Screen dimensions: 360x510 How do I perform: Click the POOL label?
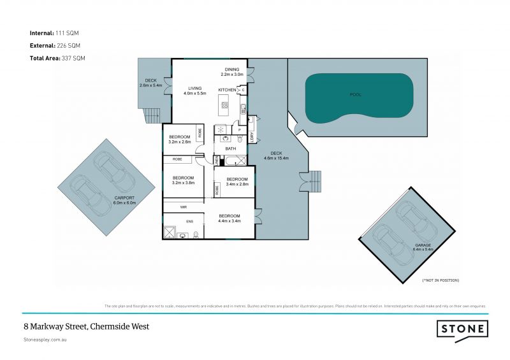click(355, 94)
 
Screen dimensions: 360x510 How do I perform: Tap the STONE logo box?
click(463, 329)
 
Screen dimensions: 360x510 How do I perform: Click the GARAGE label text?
click(423, 245)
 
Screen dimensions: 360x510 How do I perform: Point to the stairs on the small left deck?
click(150, 116)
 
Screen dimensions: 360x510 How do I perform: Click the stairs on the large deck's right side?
click(315, 182)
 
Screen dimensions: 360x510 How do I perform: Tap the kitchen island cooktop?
click(224, 104)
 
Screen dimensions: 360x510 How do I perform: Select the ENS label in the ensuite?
click(189, 221)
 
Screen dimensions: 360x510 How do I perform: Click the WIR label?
click(183, 207)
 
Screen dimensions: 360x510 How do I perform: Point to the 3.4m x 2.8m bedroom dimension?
click(237, 184)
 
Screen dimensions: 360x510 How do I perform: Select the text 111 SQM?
click(69, 32)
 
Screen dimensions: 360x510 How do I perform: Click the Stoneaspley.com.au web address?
click(45, 340)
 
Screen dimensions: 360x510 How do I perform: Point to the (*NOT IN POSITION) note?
click(441, 280)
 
